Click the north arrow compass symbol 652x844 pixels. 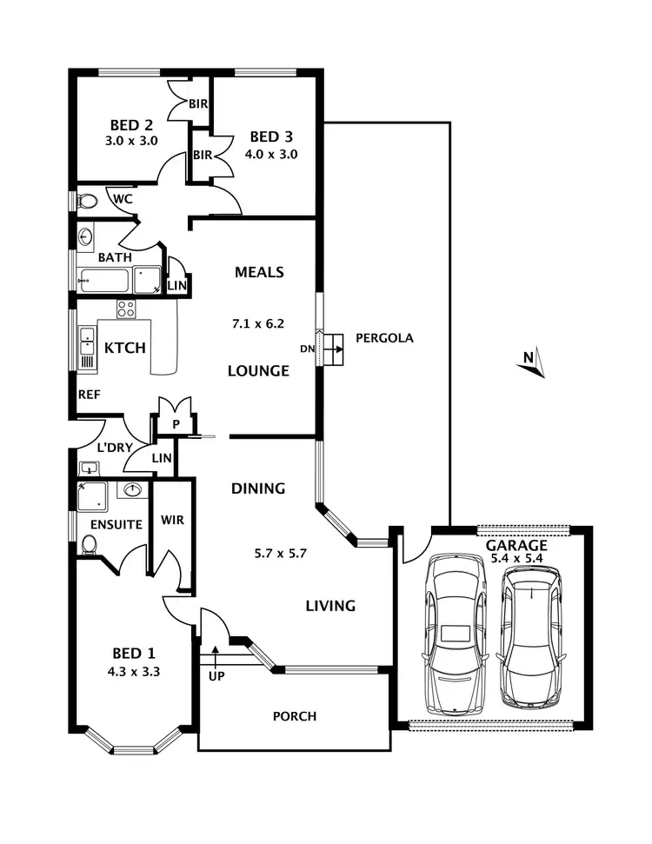coord(532,363)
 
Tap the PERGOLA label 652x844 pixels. coord(383,338)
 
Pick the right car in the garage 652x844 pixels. coord(531,638)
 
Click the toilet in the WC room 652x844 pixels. coord(86,202)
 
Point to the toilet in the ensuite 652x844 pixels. coord(88,544)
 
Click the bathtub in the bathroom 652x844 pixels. coord(103,280)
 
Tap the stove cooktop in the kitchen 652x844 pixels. coord(126,309)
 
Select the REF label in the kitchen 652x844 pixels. coord(90,394)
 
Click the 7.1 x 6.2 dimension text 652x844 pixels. coord(258,324)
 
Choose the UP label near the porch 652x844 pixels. coord(212,675)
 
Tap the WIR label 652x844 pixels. coord(171,521)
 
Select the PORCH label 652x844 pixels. coord(294,716)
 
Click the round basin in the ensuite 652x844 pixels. coord(132,489)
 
